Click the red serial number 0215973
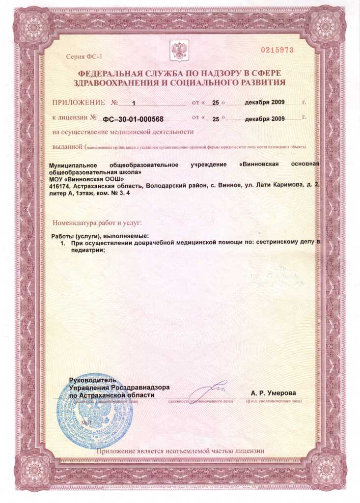point(277,50)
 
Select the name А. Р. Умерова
point(273,393)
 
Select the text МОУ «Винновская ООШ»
point(83,179)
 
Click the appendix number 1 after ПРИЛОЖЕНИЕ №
point(133,103)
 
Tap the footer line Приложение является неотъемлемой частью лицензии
point(180,450)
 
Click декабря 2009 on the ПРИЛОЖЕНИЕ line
point(265,103)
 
